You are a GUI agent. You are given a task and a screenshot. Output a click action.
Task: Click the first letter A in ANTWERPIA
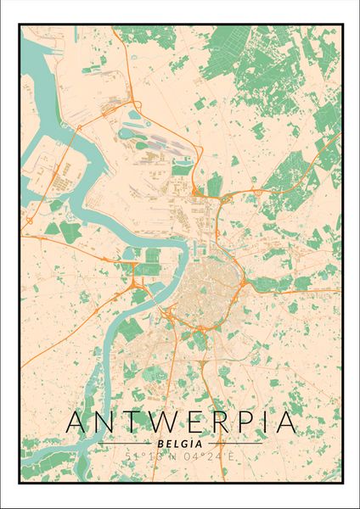(77, 422)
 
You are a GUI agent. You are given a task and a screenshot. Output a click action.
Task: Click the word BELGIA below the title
(180, 443)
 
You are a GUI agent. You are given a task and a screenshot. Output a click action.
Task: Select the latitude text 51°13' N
(148, 456)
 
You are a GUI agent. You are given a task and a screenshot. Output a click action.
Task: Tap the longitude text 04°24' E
(211, 456)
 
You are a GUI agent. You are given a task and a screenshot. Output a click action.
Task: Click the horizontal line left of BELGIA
(128, 444)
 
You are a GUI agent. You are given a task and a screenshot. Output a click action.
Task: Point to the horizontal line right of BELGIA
(233, 444)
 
